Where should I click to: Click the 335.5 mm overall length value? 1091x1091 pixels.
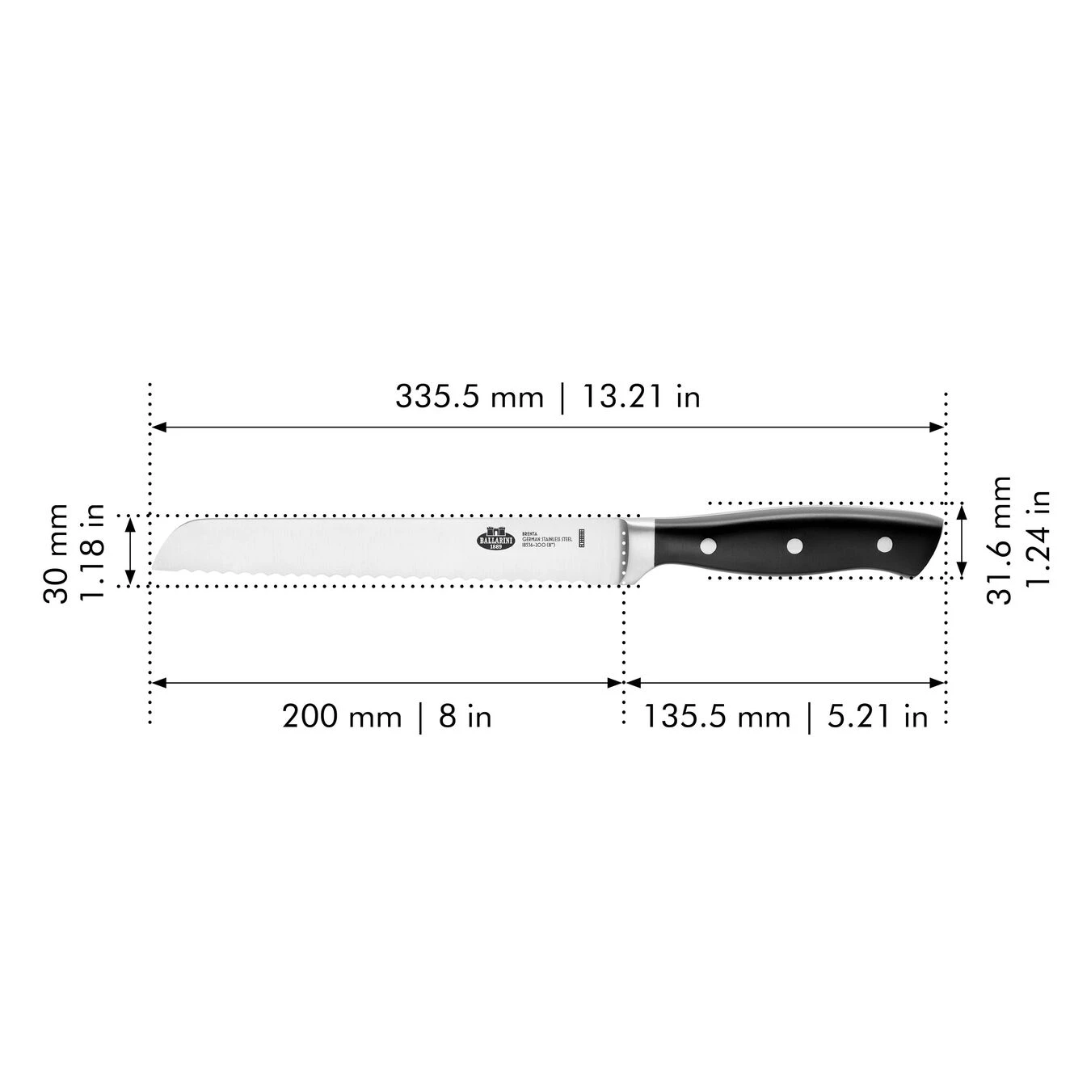[469, 397]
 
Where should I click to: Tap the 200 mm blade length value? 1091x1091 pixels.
[341, 716]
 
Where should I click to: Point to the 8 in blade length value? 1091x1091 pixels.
[465, 716]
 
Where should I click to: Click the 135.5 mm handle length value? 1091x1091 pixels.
[717, 716]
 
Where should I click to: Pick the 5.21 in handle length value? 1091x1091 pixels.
[878, 716]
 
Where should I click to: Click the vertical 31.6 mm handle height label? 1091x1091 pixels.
[1000, 540]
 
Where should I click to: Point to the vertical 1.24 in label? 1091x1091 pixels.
[1038, 540]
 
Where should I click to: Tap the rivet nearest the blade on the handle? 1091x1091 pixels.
[708, 545]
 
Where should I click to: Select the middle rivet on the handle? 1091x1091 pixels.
[795, 546]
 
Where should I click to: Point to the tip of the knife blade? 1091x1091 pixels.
[154, 568]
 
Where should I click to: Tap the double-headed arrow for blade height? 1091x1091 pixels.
[129, 550]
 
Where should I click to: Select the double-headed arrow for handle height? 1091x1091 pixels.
[961, 540]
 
